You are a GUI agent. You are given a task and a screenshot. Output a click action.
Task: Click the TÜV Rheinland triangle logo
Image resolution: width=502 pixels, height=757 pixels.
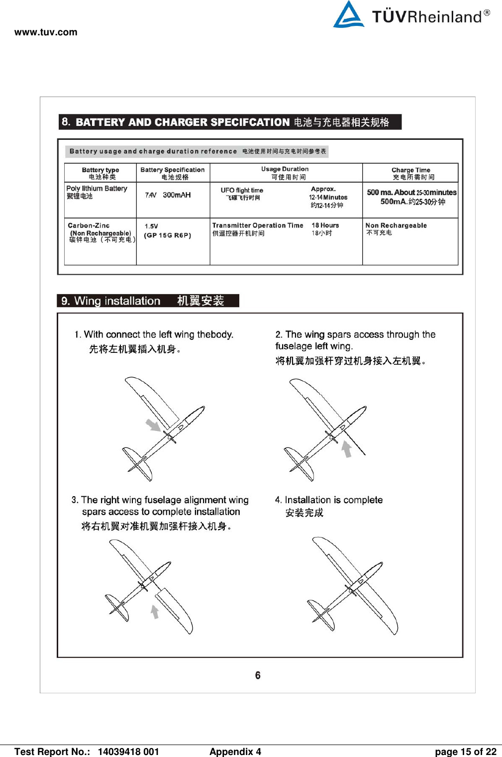(x=349, y=15)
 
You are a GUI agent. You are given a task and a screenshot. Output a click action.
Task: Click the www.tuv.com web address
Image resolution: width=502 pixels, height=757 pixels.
(x=46, y=32)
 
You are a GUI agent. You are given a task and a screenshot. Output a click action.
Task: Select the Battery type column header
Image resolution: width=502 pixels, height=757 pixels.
(x=100, y=173)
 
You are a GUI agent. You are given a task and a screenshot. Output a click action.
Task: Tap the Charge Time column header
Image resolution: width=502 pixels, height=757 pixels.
(x=411, y=173)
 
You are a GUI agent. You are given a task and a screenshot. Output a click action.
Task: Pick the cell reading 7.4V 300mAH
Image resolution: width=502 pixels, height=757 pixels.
(x=168, y=195)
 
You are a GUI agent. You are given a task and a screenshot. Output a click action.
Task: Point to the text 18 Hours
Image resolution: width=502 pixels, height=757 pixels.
(x=325, y=225)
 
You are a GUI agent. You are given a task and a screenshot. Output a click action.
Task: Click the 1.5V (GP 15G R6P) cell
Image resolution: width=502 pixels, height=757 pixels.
(x=167, y=231)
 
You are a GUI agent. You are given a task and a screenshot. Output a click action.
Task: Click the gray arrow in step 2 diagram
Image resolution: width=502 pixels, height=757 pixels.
(x=347, y=449)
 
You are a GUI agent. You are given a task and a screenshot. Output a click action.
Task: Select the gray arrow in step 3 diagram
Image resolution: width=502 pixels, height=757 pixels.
(x=155, y=611)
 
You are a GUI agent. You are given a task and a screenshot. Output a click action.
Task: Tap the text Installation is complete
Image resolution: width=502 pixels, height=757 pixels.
(x=333, y=500)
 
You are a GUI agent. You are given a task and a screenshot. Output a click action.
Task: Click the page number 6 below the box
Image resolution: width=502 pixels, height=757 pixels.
(x=258, y=675)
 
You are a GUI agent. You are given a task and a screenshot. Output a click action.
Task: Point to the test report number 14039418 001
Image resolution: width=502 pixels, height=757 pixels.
(x=128, y=752)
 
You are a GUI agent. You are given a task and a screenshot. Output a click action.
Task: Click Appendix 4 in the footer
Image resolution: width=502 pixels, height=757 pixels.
(x=235, y=752)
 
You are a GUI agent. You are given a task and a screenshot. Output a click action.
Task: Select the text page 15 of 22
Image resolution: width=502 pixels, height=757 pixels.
(x=465, y=752)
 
